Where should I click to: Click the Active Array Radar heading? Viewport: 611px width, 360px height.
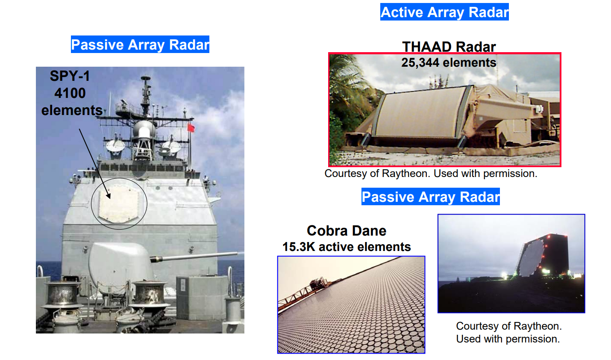pyautogui.click(x=444, y=12)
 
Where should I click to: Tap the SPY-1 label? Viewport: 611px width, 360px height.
pyautogui.click(x=70, y=76)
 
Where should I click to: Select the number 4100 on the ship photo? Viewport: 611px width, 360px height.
pyautogui.click(x=70, y=93)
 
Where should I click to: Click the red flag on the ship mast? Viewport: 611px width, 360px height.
pyautogui.click(x=191, y=127)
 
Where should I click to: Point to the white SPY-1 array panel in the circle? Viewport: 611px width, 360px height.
pyautogui.click(x=119, y=204)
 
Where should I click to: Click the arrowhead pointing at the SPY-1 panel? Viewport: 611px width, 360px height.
pyautogui.click(x=109, y=196)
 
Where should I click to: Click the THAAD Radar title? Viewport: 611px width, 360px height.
pyautogui.click(x=449, y=47)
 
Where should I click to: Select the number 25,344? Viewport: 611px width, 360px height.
pyautogui.click(x=420, y=63)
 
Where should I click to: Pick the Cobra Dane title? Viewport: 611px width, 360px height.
pyautogui.click(x=347, y=231)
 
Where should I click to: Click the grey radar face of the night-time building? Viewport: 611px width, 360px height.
pyautogui.click(x=531, y=258)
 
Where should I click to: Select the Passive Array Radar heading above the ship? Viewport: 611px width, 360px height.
pyautogui.click(x=140, y=44)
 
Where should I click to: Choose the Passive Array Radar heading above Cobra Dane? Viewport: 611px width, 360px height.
pyautogui.click(x=430, y=197)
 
